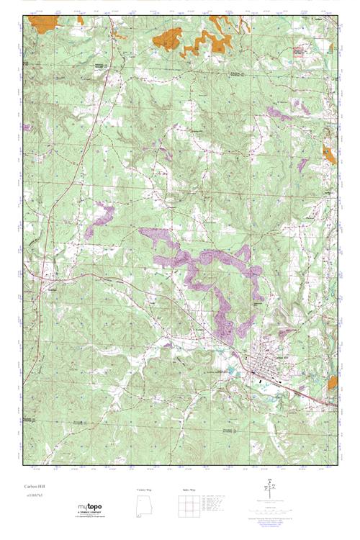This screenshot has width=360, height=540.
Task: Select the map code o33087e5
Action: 32,497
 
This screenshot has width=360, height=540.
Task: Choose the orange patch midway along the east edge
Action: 329,155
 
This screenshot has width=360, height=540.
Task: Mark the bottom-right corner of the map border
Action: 337,461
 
